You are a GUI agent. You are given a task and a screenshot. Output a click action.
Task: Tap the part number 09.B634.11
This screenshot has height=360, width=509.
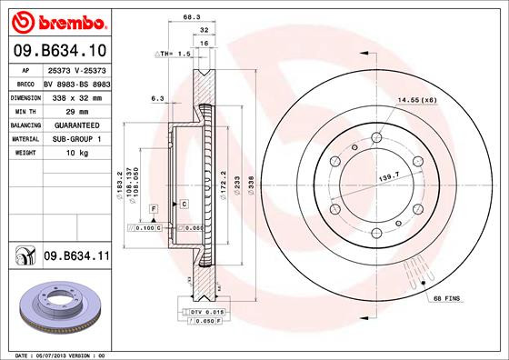tap(75, 258)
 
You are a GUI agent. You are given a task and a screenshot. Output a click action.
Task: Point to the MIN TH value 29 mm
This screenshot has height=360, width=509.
tap(56, 110)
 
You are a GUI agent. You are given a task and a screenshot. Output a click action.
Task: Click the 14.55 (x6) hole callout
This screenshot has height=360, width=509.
tap(418, 99)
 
